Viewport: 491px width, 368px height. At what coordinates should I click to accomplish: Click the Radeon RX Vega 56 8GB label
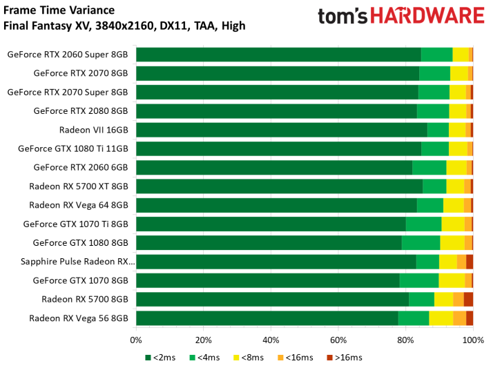[x=79, y=318]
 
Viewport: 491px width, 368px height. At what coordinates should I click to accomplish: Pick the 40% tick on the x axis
[x=271, y=340]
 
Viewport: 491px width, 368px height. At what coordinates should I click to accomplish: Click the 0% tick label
[x=136, y=340]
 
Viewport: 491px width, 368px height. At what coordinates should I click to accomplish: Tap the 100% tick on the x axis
[x=472, y=340]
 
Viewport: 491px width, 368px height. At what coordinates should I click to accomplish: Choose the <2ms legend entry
[x=162, y=357]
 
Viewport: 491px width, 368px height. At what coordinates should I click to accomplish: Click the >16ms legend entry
[x=345, y=357]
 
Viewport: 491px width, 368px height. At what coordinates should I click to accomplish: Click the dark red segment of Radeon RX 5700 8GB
[x=468, y=299]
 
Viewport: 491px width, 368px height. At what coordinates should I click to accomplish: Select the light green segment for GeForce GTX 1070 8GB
[x=418, y=280]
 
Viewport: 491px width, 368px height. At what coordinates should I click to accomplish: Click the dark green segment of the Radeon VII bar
[x=282, y=129]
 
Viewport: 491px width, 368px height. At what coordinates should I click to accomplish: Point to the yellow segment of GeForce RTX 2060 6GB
[x=456, y=167]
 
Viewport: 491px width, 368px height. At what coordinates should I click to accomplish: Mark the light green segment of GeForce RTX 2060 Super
[x=436, y=55]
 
